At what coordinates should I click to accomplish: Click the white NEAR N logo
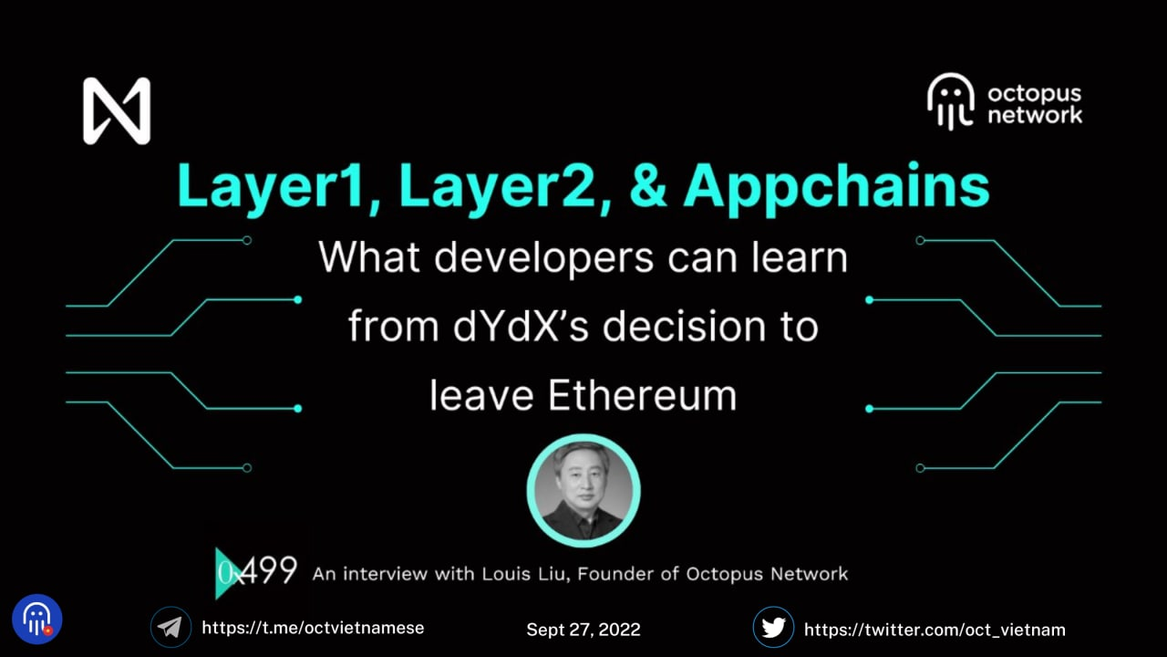pyautogui.click(x=117, y=110)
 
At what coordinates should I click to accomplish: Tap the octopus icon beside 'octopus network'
pyautogui.click(x=950, y=101)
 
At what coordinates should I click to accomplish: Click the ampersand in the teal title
pyautogui.click(x=648, y=186)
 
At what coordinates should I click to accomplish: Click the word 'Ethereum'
pyautogui.click(x=642, y=396)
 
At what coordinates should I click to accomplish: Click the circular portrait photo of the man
pyautogui.click(x=583, y=491)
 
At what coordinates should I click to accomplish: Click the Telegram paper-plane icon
pyautogui.click(x=170, y=627)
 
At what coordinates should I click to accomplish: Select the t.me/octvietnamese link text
pyautogui.click(x=313, y=628)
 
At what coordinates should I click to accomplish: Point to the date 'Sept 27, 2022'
pyautogui.click(x=583, y=630)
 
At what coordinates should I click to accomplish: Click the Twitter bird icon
pyautogui.click(x=774, y=627)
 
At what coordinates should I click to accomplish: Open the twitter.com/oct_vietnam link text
pyautogui.click(x=935, y=630)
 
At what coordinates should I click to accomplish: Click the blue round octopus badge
pyautogui.click(x=37, y=620)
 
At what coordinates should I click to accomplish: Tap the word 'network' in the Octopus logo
pyautogui.click(x=1035, y=115)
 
